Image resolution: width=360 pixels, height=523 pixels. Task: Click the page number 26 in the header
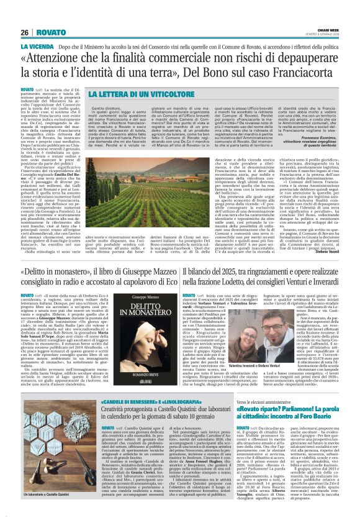(25, 32)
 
